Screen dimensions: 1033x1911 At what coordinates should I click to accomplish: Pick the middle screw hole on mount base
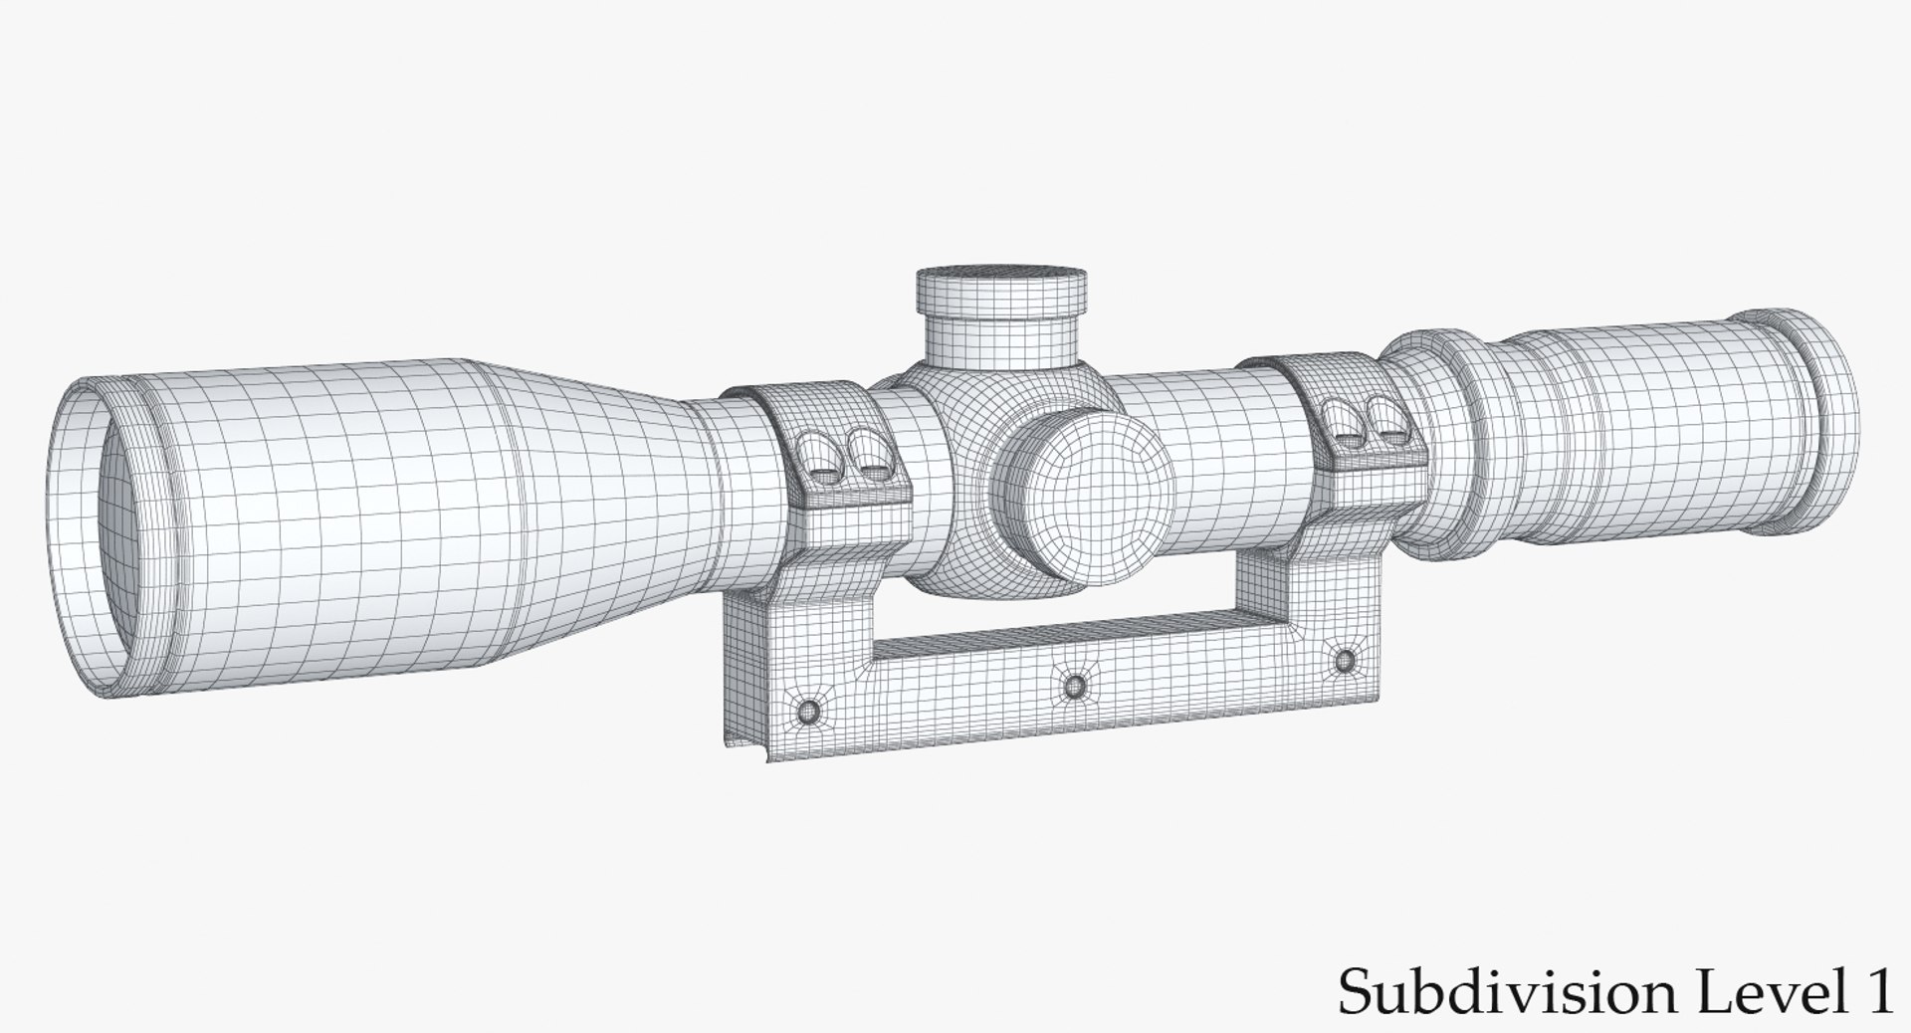click(x=1074, y=686)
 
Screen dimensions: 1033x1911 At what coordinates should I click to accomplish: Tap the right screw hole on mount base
click(x=1345, y=660)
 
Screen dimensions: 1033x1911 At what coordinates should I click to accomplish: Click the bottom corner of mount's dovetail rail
click(x=766, y=760)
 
